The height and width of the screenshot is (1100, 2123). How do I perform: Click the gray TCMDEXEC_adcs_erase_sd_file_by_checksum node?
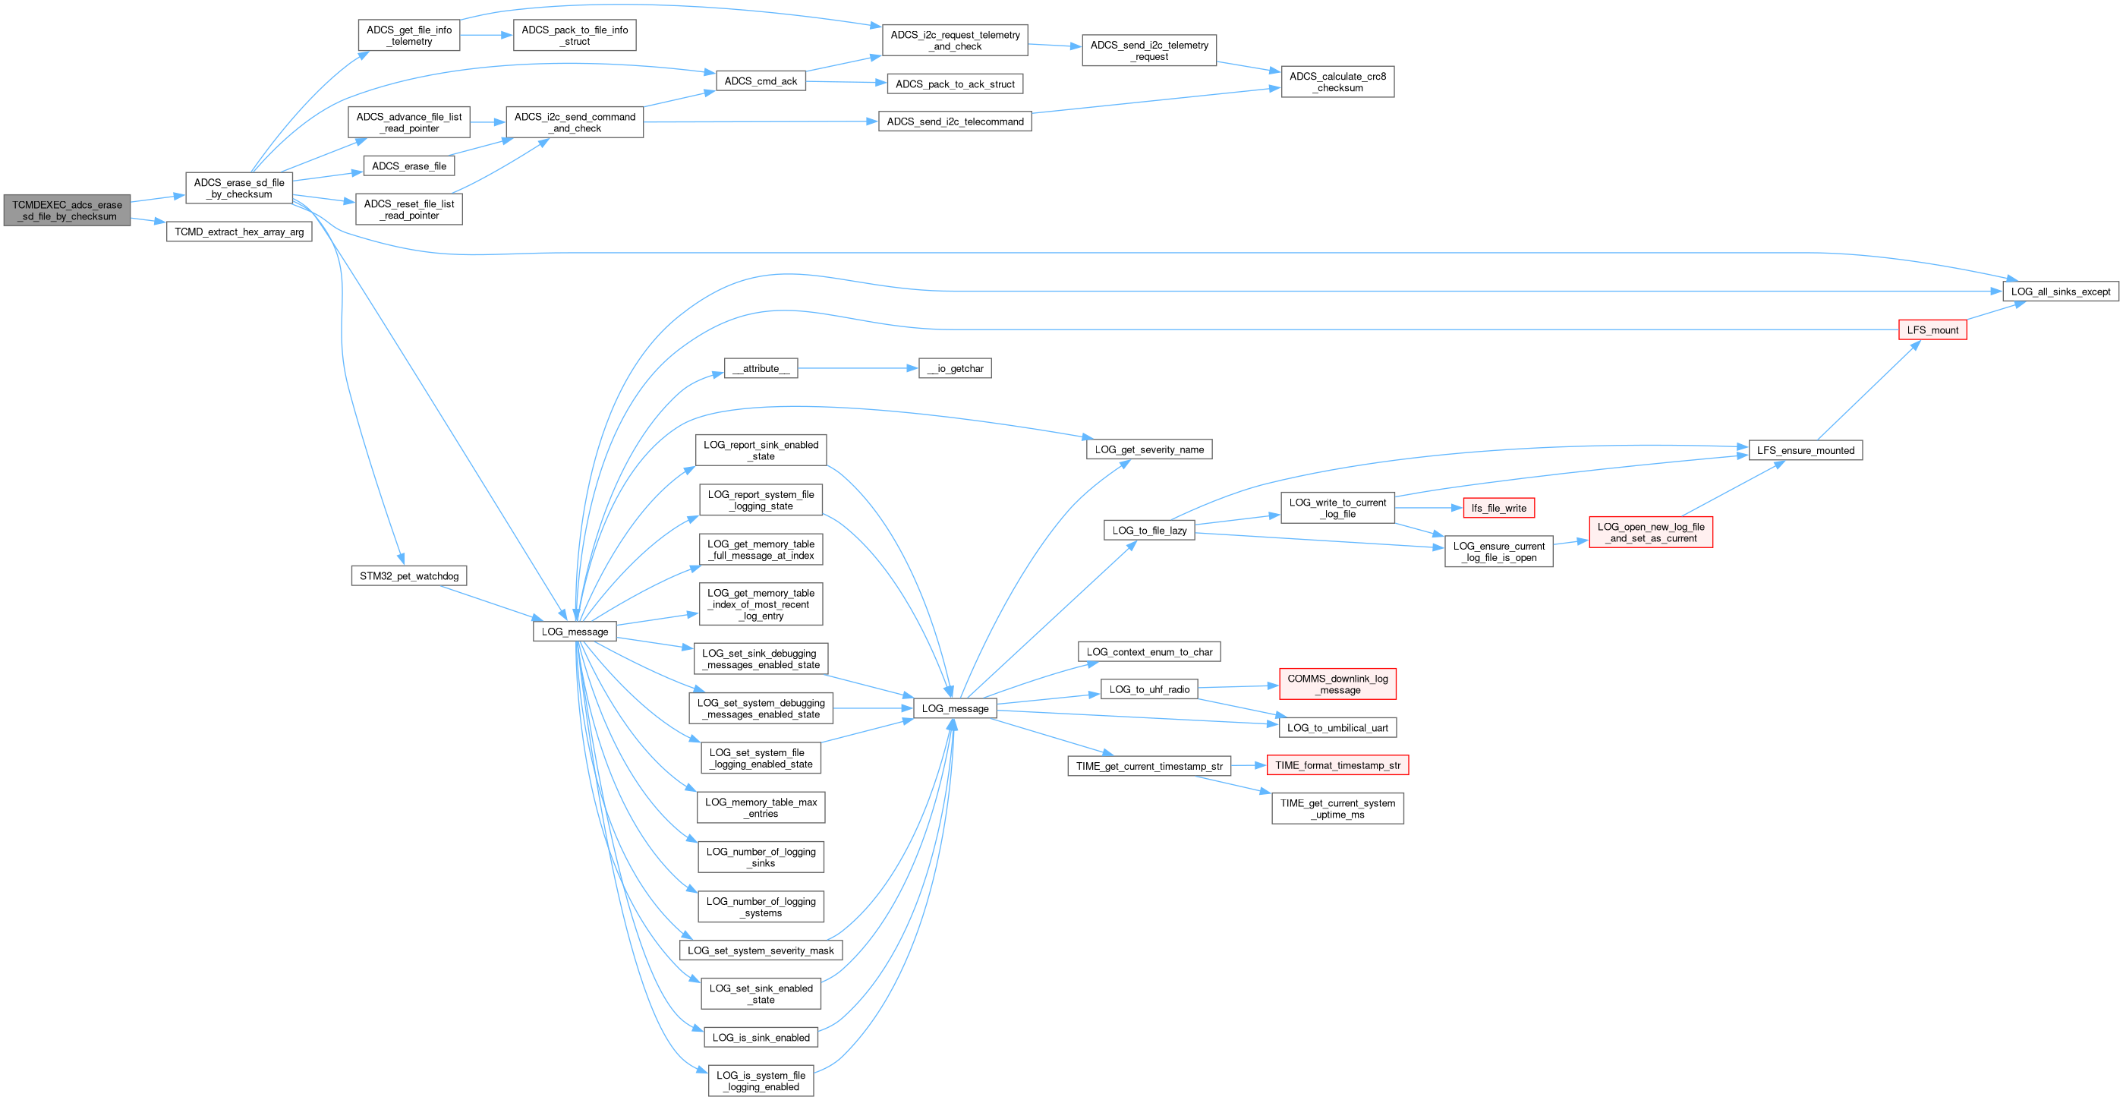(x=67, y=211)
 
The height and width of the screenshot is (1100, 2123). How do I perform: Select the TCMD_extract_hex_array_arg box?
(x=239, y=232)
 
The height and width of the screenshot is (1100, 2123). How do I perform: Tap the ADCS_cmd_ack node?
(x=760, y=81)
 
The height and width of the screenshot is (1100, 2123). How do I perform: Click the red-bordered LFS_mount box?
(x=1932, y=330)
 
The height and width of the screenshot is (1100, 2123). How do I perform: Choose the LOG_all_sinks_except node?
(x=2059, y=292)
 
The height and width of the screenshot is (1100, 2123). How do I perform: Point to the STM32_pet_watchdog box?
(x=409, y=576)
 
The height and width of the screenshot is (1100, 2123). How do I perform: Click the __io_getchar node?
(x=954, y=368)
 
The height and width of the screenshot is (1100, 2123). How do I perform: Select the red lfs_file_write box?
(x=1498, y=509)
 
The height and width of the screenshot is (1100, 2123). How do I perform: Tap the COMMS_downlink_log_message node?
(x=1337, y=685)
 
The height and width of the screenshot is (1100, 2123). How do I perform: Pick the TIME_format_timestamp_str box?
(x=1337, y=765)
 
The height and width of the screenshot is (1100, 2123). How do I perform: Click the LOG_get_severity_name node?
(x=1149, y=450)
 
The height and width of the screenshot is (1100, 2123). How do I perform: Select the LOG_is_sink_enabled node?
(x=760, y=1038)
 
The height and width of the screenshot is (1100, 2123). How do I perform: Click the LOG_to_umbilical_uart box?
(x=1337, y=727)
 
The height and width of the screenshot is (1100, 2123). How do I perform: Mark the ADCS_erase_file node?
(x=409, y=166)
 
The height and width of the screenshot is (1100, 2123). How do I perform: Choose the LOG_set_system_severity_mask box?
(x=760, y=950)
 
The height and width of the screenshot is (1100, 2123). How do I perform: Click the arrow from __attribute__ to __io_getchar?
(x=857, y=368)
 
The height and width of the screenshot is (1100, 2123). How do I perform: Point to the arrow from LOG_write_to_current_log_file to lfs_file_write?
(x=1428, y=509)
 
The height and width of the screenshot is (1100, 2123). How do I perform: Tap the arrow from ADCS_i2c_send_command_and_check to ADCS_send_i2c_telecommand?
(x=758, y=122)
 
